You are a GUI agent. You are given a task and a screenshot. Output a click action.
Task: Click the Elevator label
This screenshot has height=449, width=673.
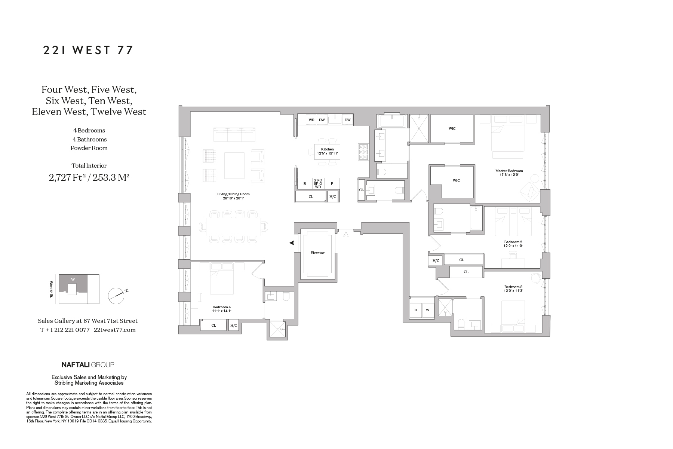coord(317,253)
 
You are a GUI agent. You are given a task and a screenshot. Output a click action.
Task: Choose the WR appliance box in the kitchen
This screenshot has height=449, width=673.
coord(311,120)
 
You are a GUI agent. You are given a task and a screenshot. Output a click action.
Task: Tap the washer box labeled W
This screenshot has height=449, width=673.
coord(427,310)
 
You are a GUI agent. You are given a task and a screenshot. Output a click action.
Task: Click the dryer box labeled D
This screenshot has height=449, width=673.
coord(416,310)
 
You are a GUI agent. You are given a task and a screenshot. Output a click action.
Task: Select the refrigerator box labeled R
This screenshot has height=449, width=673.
coord(305,183)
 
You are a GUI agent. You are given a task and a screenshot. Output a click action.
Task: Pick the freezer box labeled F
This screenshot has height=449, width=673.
coord(332,183)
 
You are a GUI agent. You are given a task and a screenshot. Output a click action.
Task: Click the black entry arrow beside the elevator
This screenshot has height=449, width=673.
coord(292,243)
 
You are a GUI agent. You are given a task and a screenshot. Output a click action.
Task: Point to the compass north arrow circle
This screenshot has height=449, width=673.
coord(116,296)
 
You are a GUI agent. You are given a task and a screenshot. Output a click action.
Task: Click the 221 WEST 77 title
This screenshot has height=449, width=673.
coord(88,50)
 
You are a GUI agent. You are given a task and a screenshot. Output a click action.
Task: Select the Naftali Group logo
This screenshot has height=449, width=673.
coord(87,364)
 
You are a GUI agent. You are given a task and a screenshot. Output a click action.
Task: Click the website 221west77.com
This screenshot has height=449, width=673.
coord(114,330)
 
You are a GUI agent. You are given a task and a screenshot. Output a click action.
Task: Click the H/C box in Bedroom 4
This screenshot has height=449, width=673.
coord(233,326)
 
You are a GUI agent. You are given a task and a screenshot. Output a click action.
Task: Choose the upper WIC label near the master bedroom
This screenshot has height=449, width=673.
coord(452,129)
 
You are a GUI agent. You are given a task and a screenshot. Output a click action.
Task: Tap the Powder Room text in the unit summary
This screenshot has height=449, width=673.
coord(89,148)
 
